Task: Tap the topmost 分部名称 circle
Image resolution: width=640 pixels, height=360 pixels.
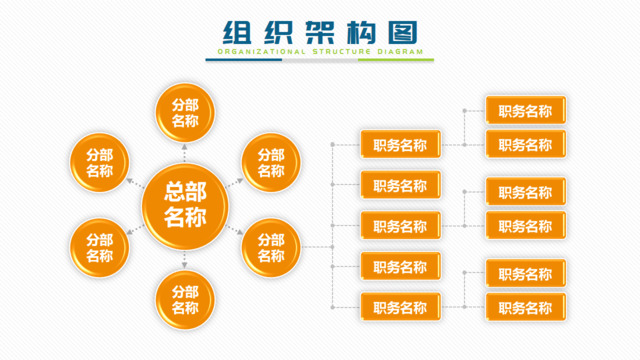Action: [x=185, y=113]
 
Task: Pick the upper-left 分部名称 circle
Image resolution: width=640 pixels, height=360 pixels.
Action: [x=100, y=163]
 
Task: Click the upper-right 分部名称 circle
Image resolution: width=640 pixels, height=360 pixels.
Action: [x=271, y=163]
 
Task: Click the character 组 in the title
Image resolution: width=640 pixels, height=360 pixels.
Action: [x=236, y=31]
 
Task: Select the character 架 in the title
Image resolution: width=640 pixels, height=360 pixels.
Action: [x=320, y=31]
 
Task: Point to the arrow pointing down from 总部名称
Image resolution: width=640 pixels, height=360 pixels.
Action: [x=185, y=260]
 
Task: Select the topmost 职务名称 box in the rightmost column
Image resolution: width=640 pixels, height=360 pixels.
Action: [x=526, y=111]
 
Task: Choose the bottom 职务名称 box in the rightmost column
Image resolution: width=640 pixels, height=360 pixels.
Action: [x=526, y=307]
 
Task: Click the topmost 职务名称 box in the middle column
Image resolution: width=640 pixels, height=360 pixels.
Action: [x=400, y=145]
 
